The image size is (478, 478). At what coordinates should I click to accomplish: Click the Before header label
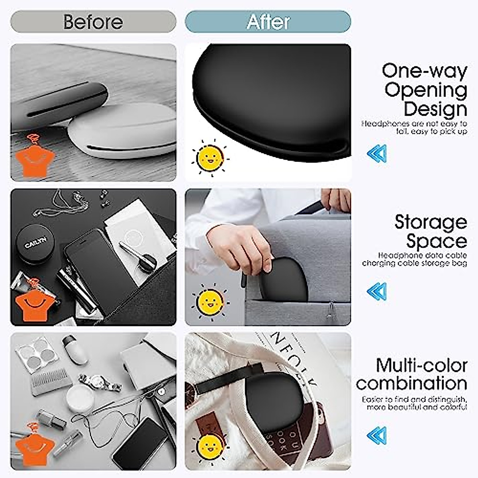pos(93,22)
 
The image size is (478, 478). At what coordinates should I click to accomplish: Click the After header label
pos(268,22)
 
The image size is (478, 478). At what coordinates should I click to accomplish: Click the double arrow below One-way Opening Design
pos(376,153)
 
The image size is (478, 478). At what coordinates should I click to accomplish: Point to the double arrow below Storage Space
pos(376,292)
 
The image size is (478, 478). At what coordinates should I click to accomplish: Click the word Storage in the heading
pos(431,222)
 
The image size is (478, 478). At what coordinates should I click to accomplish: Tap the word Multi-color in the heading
pos(421,365)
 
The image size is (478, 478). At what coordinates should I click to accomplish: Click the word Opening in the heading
pos(425,90)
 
